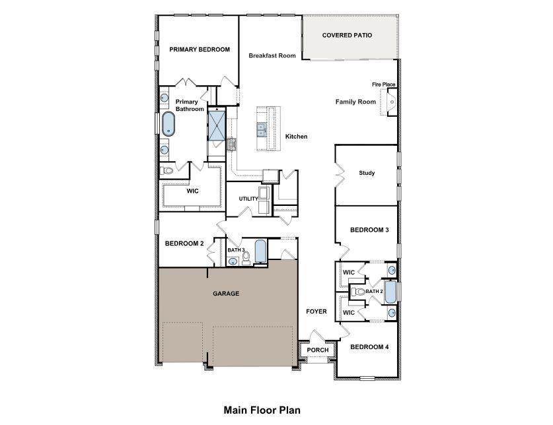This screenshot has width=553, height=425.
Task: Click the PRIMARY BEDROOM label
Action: [x=199, y=49]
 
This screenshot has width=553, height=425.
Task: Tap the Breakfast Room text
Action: [x=272, y=56]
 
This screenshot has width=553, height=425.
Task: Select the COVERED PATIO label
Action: [x=347, y=35]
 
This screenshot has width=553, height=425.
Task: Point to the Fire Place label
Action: [x=384, y=84]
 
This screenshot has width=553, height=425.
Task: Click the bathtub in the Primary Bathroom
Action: [x=168, y=123]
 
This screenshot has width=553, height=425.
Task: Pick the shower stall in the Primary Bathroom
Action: [x=217, y=125]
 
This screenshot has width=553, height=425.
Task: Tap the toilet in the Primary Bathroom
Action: [x=167, y=171]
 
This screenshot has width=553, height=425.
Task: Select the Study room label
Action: [x=367, y=174]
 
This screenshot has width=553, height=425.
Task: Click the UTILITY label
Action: [x=248, y=199]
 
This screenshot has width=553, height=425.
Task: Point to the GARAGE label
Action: [x=226, y=294]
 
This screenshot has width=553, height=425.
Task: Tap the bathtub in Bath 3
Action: [x=260, y=251]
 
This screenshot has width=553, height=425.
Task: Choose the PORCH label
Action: [x=318, y=350]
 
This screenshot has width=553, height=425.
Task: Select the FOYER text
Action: [x=316, y=311]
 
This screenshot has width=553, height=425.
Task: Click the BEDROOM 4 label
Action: [x=369, y=347]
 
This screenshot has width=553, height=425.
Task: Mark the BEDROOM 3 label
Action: [x=369, y=230]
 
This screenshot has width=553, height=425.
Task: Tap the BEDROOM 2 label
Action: [x=184, y=244]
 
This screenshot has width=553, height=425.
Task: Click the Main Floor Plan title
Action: [x=262, y=410]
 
